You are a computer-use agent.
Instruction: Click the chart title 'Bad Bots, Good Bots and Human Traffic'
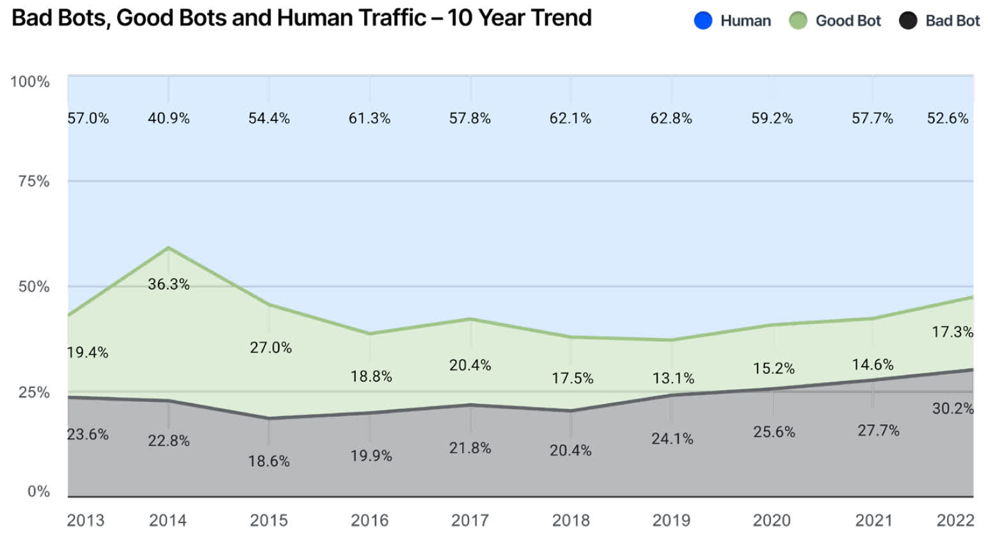click(x=301, y=18)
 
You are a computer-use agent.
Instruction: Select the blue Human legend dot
click(x=703, y=21)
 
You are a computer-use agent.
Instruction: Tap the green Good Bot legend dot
click(x=797, y=21)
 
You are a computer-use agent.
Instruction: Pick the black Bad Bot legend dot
click(x=907, y=21)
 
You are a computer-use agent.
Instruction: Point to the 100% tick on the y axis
click(x=29, y=82)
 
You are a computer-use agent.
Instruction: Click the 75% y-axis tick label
click(x=33, y=181)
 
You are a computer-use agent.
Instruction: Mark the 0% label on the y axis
click(x=38, y=491)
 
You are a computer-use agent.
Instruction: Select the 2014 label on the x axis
click(x=168, y=520)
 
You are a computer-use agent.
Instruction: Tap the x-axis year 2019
click(x=671, y=520)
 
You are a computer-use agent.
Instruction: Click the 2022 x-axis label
click(x=955, y=520)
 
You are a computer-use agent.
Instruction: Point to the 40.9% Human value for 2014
click(x=168, y=118)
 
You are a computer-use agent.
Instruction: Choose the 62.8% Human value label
click(x=671, y=118)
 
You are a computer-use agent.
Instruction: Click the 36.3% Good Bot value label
click(x=168, y=284)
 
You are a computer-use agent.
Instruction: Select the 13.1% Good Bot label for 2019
click(x=673, y=378)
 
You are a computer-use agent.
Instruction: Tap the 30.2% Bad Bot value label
click(x=952, y=408)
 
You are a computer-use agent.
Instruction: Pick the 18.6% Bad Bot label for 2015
click(x=269, y=461)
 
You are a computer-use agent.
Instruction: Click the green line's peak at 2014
click(x=168, y=248)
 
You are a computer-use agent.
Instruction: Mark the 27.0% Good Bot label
click(x=271, y=348)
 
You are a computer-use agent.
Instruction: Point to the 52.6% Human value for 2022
click(x=947, y=118)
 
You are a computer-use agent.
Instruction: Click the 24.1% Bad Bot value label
click(x=672, y=438)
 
